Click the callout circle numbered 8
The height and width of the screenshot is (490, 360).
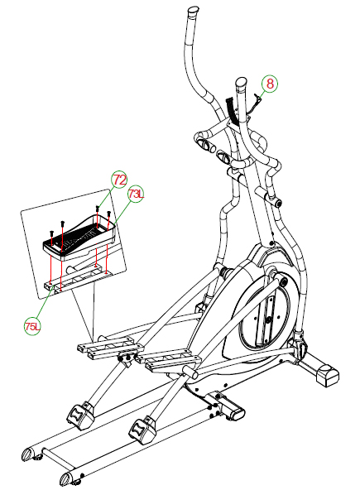tap(270, 84)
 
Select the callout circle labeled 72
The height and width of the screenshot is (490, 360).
tap(120, 180)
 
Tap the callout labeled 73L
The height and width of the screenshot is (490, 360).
tap(136, 195)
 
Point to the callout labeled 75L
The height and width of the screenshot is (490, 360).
tap(32, 327)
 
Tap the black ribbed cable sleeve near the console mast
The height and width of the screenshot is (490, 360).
tap(232, 111)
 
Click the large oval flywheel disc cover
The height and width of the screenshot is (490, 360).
tap(264, 315)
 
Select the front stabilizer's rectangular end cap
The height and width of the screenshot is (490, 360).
tap(328, 376)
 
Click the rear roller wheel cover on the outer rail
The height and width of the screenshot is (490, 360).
tap(80, 416)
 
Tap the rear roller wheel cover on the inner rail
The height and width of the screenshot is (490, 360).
tap(142, 430)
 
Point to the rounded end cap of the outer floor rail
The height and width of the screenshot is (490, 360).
tap(27, 453)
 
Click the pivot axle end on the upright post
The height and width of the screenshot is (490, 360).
tap(278, 204)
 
